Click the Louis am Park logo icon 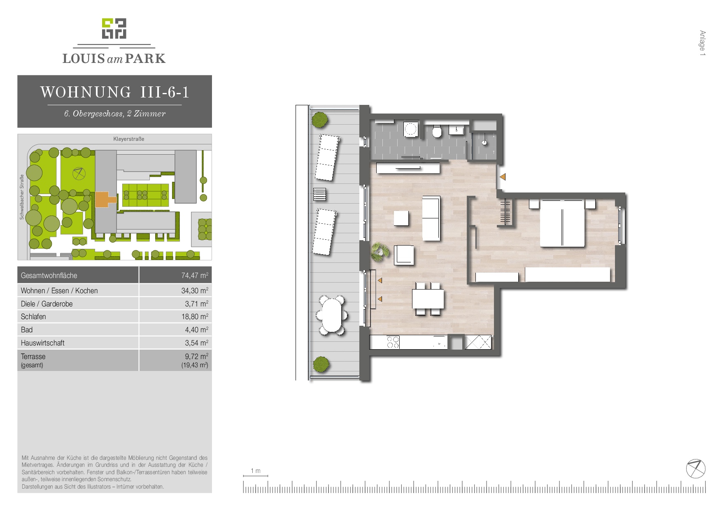click(x=114, y=28)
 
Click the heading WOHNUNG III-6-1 click(x=115, y=92)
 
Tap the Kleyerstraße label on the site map click(x=129, y=139)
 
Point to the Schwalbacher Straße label click(x=22, y=197)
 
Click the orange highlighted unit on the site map click(x=105, y=199)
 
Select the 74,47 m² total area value click(x=195, y=275)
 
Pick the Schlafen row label click(x=33, y=317)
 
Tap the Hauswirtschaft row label click(x=43, y=343)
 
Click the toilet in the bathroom click(x=437, y=131)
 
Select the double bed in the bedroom click(x=562, y=223)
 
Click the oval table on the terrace click(x=332, y=315)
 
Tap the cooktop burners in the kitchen click(x=393, y=342)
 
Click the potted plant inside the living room click(x=380, y=252)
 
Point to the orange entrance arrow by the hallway click(x=503, y=177)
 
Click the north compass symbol click(x=696, y=469)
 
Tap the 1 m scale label click(x=256, y=471)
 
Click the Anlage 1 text click(x=702, y=43)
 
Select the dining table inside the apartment click(x=429, y=299)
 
